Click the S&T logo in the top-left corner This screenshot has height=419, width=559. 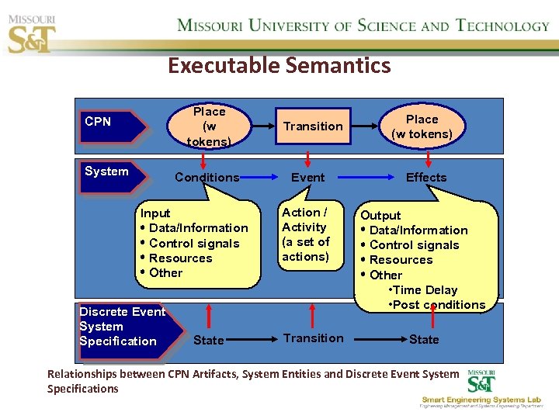[x=32, y=31]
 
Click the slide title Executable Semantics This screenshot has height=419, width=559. [x=279, y=65]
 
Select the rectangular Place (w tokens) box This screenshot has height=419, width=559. [x=209, y=126]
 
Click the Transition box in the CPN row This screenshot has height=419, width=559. [x=313, y=126]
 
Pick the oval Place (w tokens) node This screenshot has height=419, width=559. [x=422, y=126]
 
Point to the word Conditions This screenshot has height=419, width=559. [x=207, y=178]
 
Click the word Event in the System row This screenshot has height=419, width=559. [x=308, y=178]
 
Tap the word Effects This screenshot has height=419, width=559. [x=426, y=178]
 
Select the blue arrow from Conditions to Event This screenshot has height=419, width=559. [x=263, y=178]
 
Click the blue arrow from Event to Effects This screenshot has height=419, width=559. [x=365, y=178]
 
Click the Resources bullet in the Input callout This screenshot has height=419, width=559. [x=180, y=258]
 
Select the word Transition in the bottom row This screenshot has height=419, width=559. [x=313, y=338]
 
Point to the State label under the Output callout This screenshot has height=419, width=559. [x=424, y=340]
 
